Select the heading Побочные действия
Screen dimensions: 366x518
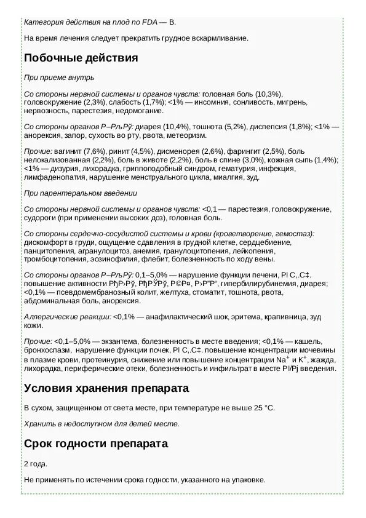[x=81, y=58]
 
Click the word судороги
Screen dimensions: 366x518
[x=42, y=218]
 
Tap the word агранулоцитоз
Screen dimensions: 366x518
[x=105, y=251]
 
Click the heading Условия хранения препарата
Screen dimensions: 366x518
[x=106, y=389]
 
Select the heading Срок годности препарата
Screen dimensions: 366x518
[x=96, y=444]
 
